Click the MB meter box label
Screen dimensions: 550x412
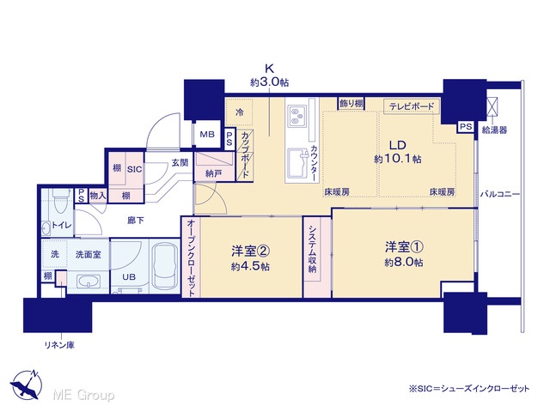207,134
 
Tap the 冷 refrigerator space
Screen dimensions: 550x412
239,112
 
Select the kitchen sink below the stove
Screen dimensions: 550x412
297,163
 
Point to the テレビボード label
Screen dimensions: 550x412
412,106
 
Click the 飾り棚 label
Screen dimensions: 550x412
351,103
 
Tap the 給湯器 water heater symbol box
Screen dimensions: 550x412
494,106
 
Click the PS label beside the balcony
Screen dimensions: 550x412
466,126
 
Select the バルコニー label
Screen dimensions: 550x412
500,194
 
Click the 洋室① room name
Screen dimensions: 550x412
404,247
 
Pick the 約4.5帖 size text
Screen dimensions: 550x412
250,266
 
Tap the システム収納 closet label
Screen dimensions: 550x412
312,249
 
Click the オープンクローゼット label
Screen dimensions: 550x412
191,258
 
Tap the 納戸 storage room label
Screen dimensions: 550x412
214,173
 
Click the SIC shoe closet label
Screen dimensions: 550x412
134,169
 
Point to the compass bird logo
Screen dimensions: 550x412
27,385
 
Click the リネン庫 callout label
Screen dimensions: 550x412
59,345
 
